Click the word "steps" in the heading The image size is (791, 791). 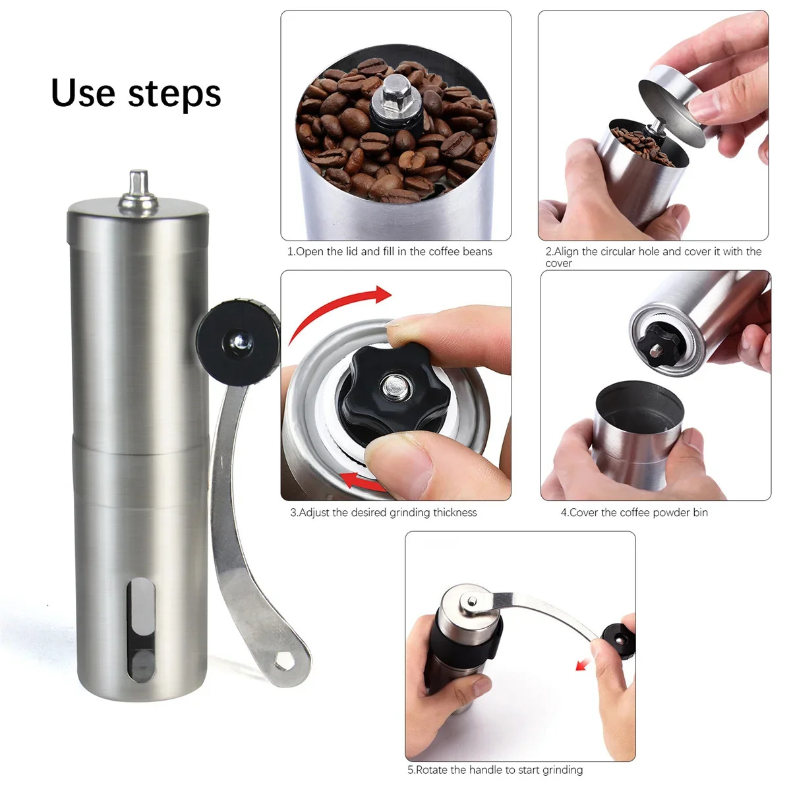175,94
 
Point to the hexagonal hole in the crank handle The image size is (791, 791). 284,660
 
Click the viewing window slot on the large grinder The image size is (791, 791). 141,630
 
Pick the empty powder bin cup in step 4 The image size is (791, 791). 636,428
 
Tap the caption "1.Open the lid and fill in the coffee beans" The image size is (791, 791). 390,252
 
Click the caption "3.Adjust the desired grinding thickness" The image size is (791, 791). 383,513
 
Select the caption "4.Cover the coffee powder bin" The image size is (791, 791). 634,513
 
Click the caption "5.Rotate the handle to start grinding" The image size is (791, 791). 495,770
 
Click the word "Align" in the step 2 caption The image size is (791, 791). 566,252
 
